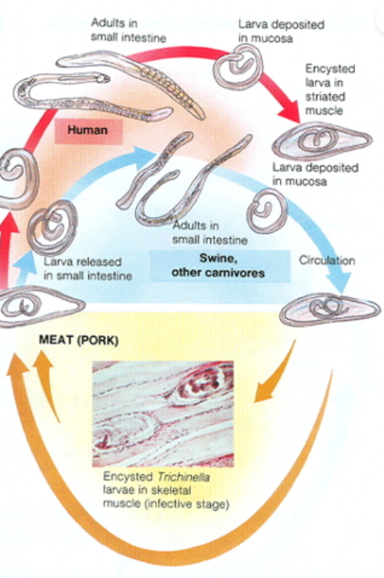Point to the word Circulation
click(326, 261)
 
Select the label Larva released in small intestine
click(88, 269)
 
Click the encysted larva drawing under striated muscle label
click(321, 142)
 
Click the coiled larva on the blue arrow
click(263, 211)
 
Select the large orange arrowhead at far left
click(18, 370)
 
